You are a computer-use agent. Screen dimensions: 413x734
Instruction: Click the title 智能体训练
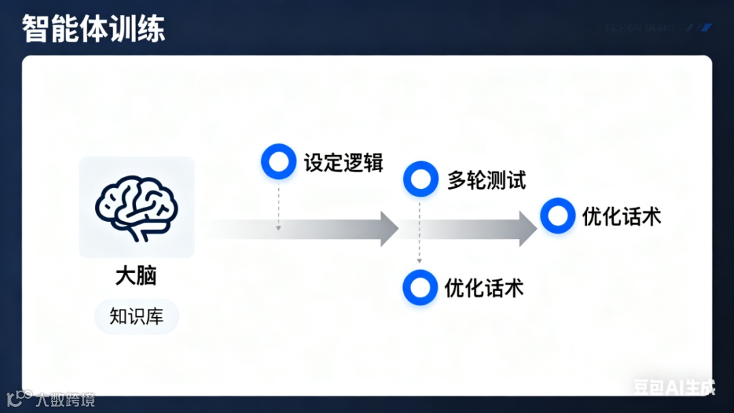click(x=93, y=29)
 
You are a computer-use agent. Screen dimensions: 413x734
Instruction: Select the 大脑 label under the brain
click(x=136, y=276)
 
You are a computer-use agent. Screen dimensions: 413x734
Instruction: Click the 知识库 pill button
click(x=136, y=316)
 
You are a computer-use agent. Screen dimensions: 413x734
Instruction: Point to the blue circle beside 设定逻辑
click(x=279, y=162)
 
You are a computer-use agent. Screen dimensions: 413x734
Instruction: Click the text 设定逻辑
click(x=343, y=163)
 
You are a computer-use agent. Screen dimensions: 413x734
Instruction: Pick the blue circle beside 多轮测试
click(x=420, y=179)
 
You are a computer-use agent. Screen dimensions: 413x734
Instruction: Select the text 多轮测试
click(x=486, y=180)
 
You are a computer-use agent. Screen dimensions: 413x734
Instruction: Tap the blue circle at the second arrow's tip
click(x=558, y=216)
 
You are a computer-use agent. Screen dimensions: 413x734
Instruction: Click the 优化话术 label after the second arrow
click(x=621, y=216)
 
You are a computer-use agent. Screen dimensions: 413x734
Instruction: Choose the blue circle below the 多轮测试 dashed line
click(x=419, y=288)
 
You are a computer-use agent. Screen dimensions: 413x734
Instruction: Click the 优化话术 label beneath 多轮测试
click(x=484, y=288)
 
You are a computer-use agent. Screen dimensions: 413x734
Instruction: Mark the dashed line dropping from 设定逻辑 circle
click(x=279, y=204)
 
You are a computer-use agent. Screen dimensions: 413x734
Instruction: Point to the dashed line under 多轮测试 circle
click(x=419, y=231)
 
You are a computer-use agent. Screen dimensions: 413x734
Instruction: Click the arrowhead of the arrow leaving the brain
click(x=389, y=229)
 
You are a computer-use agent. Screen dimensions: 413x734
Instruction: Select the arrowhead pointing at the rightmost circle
click(x=528, y=229)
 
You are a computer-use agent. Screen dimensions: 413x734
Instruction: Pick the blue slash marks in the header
click(x=701, y=28)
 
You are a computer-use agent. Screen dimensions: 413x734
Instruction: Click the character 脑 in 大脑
click(x=146, y=276)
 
